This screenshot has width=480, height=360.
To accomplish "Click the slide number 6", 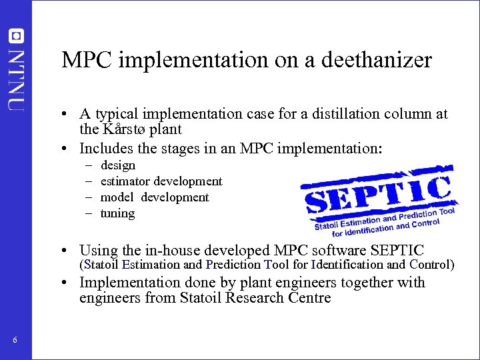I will pos(15,341).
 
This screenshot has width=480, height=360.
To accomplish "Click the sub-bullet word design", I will pos(117,165).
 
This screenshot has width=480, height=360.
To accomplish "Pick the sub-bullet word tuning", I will pos(117,213).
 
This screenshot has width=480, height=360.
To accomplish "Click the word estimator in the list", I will pos(125,181).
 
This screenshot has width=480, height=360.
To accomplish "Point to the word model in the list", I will pos(117,197).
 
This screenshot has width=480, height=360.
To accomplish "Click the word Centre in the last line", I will pos(305,297).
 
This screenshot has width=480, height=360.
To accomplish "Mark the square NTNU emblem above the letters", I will pos(16,35).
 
